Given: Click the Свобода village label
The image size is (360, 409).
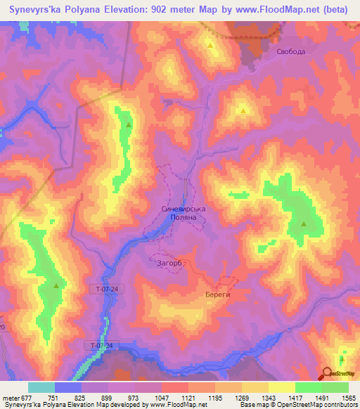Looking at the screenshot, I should tap(290, 51).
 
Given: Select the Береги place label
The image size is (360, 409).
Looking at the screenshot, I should tap(218, 295).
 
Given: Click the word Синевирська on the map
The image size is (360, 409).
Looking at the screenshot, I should tap(183, 209).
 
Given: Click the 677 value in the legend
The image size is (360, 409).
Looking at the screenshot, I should tap(28, 397).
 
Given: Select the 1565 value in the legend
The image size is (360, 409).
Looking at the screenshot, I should tap(347, 397).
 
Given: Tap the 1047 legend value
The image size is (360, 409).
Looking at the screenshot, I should tap(162, 397).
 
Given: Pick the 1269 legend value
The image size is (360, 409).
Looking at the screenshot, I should tap(241, 397).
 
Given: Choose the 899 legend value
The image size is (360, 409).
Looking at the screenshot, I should tap(108, 397).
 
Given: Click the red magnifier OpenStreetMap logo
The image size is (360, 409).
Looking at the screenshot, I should tap(328, 374).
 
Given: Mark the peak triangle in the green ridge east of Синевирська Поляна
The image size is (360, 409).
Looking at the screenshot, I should tap(304, 224).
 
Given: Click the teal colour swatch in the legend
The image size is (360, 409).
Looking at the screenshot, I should tap(41, 387).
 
